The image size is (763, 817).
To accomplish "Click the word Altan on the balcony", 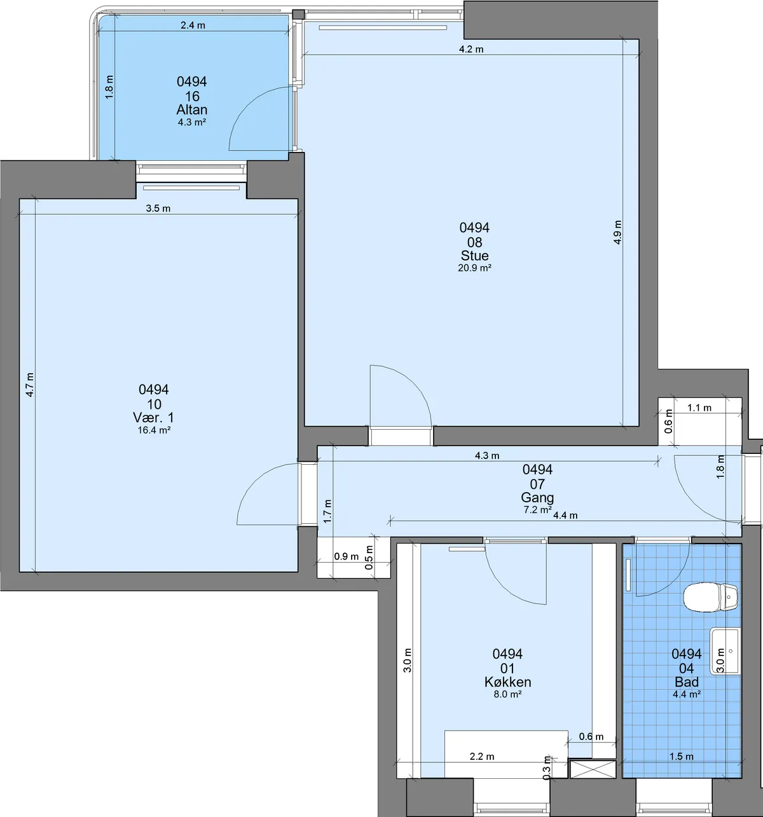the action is click(192, 110).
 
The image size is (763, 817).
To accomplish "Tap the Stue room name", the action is click(474, 256).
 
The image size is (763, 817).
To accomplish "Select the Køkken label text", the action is click(507, 682).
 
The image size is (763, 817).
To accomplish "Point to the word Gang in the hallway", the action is click(537, 498).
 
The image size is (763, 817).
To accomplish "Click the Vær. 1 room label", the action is click(153, 418).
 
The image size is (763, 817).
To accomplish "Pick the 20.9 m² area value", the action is click(474, 268).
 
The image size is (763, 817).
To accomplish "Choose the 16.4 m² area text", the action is click(154, 430).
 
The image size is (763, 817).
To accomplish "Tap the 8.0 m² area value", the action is click(507, 694).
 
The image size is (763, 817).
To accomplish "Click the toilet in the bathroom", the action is click(711, 597).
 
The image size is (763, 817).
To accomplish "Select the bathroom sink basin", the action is click(725, 651).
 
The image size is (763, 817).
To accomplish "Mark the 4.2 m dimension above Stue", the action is click(471, 50).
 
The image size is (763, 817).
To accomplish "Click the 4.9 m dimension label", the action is click(617, 233).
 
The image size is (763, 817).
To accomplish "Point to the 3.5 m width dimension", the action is click(158, 209).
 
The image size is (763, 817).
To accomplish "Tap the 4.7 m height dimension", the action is click(30, 385).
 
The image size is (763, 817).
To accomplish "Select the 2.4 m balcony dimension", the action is click(193, 25).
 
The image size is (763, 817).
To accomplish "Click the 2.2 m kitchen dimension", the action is click(482, 757).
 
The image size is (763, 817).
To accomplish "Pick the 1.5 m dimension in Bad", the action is click(681, 757).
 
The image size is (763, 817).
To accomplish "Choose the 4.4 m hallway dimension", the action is click(565, 516).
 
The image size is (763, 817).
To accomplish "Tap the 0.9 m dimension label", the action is click(346, 556).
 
